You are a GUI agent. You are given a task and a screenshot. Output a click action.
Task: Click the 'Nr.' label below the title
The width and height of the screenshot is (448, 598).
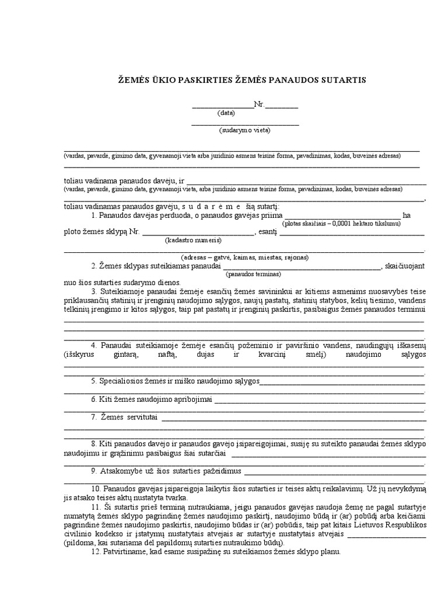point(260,105)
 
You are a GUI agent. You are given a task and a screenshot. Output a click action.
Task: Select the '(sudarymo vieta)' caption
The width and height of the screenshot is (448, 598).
point(245,130)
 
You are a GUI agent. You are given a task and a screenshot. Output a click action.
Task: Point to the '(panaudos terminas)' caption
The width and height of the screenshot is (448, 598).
point(254,274)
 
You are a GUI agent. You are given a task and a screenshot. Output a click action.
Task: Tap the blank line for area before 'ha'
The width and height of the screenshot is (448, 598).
point(342,216)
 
